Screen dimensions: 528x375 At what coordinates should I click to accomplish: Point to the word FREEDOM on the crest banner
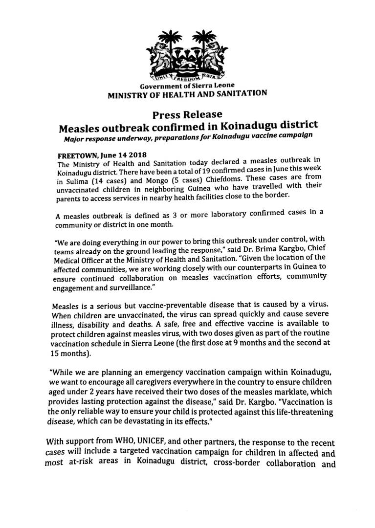(188, 78)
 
